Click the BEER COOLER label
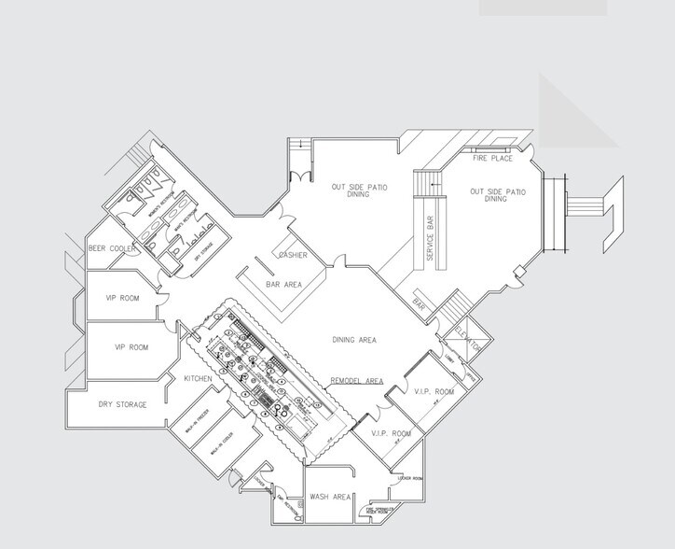[114, 248]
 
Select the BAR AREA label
[283, 283]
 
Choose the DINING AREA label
[354, 340]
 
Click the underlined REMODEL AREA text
[357, 381]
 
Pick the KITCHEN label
[199, 378]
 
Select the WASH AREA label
[329, 497]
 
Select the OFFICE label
[472, 379]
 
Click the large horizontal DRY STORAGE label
[123, 404]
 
